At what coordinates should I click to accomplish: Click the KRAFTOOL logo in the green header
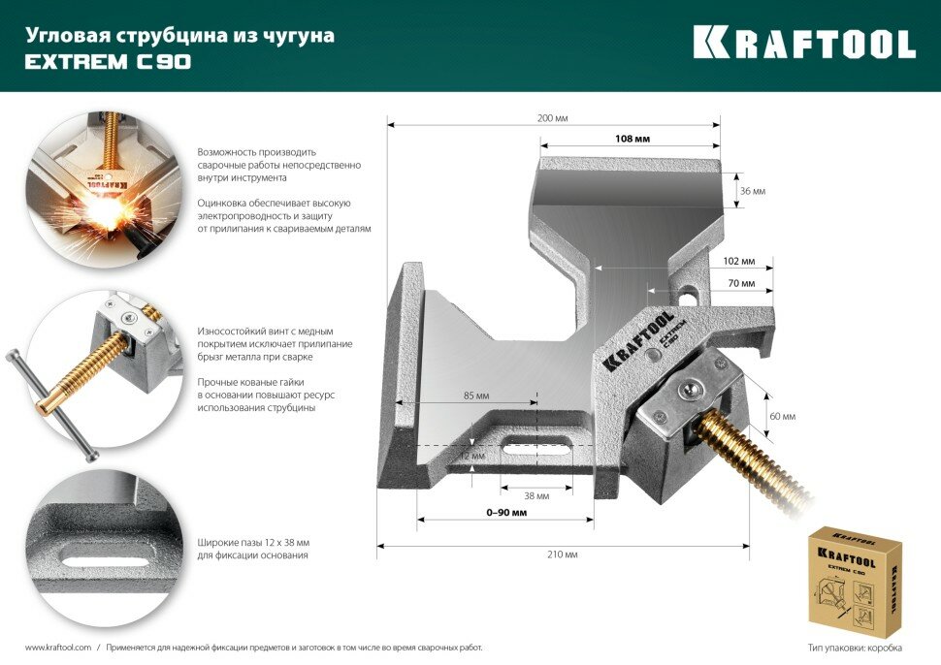[804, 43]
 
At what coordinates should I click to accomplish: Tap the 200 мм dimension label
[552, 118]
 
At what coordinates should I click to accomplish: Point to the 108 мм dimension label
[632, 139]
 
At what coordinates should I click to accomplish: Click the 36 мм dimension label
[752, 192]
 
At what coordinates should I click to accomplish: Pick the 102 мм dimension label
[739, 262]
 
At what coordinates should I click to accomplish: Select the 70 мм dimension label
[741, 283]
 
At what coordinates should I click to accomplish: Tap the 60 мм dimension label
[782, 417]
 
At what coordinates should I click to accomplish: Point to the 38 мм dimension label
[536, 495]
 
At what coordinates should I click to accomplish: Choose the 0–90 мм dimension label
[508, 512]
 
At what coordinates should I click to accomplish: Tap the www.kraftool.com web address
[57, 647]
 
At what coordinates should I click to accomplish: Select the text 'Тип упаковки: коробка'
[855, 647]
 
